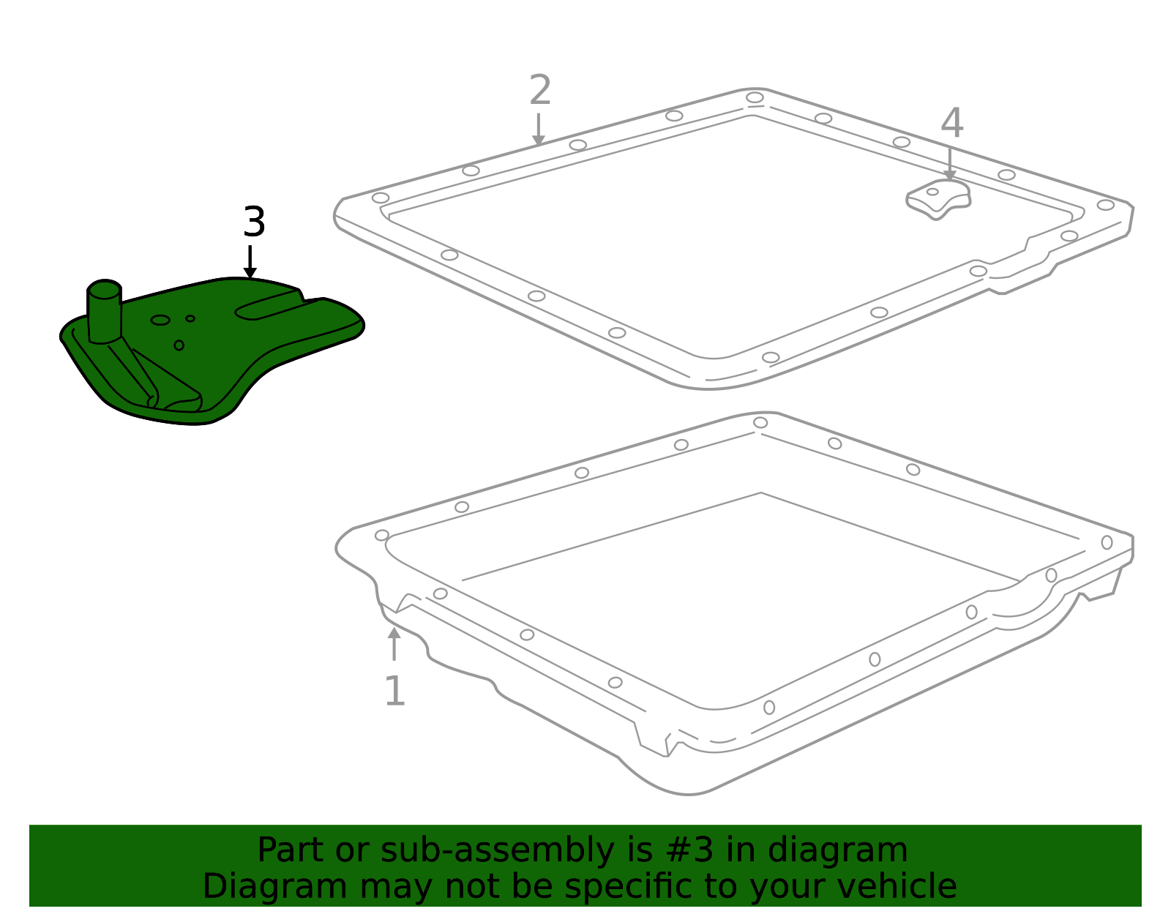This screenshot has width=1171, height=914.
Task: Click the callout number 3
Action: click(254, 222)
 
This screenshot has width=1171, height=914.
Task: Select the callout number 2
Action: click(540, 90)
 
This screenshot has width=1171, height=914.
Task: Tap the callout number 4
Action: click(951, 123)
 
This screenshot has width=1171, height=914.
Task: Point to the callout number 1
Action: click(395, 691)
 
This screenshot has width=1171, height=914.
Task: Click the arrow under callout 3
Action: click(250, 262)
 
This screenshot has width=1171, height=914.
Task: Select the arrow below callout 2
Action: click(539, 130)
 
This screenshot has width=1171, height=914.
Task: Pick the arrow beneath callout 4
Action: click(949, 164)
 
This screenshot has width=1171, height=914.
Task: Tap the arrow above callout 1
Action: click(394, 644)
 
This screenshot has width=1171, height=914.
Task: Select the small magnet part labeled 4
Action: click(938, 199)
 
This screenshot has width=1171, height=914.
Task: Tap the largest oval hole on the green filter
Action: click(160, 320)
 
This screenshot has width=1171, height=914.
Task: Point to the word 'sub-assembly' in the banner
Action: click(498, 850)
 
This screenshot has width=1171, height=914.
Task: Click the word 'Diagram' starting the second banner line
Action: click(275, 886)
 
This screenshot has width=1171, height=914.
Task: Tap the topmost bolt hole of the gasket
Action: click(755, 97)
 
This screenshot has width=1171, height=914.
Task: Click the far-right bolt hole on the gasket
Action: click(1105, 205)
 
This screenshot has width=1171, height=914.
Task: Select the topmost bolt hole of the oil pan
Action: click(760, 422)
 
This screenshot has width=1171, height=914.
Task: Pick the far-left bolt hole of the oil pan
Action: click(381, 535)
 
